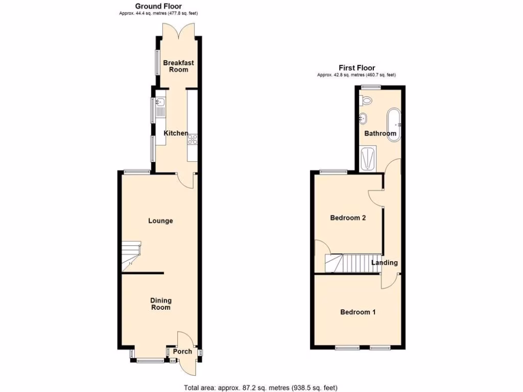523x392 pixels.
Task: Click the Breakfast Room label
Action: [178, 66]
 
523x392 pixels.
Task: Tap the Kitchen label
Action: [176, 133]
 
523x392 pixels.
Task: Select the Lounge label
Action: [160, 221]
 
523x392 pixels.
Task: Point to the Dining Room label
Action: [160, 304]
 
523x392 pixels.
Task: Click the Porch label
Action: [182, 351]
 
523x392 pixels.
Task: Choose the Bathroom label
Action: [380, 134]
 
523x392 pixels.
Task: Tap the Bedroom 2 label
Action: [348, 218]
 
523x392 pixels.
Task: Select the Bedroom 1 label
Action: [358, 312]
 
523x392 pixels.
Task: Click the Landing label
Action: [384, 263]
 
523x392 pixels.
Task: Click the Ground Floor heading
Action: [158, 6]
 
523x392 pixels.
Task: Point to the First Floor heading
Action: [357, 68]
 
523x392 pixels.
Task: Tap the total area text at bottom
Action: [261, 387]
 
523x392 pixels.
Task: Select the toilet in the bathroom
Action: [366, 100]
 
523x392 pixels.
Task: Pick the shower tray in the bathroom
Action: [367, 158]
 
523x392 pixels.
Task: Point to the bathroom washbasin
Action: [364, 118]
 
